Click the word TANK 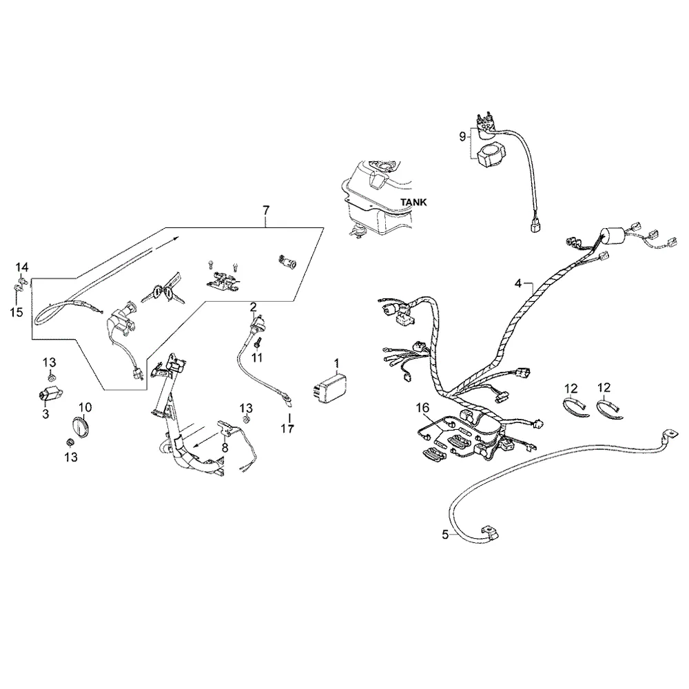[x=413, y=202]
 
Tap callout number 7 [x=266, y=210]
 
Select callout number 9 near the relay [x=462, y=136]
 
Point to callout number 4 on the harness [x=518, y=284]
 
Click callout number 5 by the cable [x=446, y=535]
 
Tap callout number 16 [x=422, y=408]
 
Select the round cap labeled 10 [x=80, y=426]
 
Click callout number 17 [x=287, y=429]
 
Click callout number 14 [x=22, y=267]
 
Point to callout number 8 [x=225, y=448]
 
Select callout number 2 [x=253, y=307]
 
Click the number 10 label [x=85, y=407]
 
